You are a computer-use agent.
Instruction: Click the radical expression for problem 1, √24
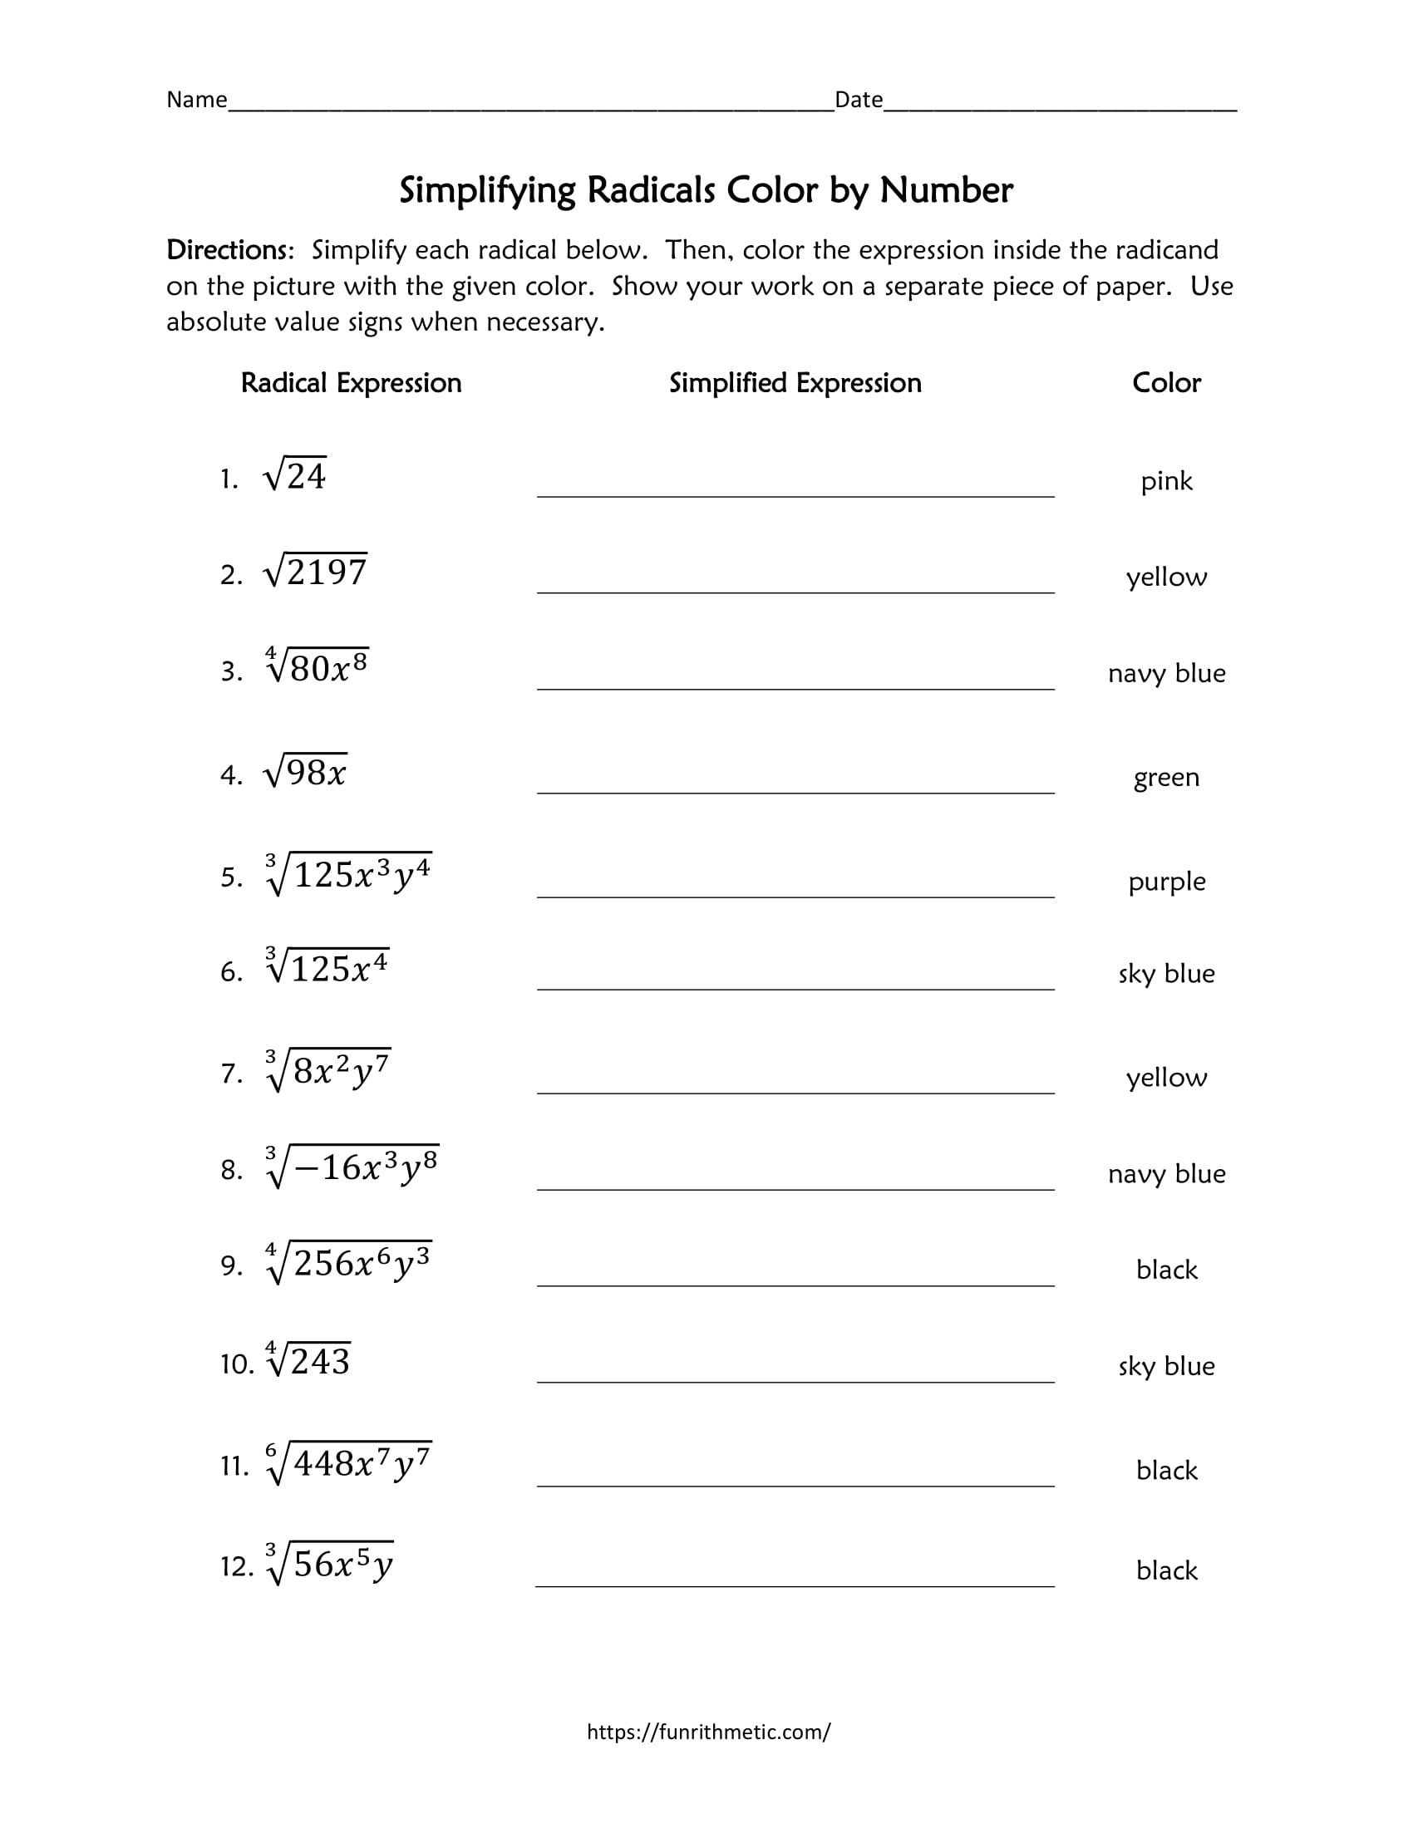(295, 476)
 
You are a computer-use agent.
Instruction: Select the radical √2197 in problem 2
(315, 572)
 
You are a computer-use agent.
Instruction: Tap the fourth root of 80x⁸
(317, 667)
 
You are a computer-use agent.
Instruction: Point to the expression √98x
(305, 772)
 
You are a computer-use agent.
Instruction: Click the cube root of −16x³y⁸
(352, 1167)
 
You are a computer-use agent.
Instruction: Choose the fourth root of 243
(308, 1361)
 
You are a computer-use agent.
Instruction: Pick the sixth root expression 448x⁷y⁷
(348, 1464)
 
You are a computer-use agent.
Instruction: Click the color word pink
(1166, 481)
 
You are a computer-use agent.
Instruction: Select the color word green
(1166, 778)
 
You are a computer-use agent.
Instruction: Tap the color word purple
(1166, 882)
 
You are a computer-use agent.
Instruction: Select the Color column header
(1166, 382)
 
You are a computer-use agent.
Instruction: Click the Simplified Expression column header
(795, 382)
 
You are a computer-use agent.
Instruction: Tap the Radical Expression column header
(351, 382)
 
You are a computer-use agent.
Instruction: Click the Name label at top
(197, 100)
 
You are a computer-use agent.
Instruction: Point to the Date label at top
(859, 100)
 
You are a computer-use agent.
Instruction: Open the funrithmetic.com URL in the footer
(708, 1732)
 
